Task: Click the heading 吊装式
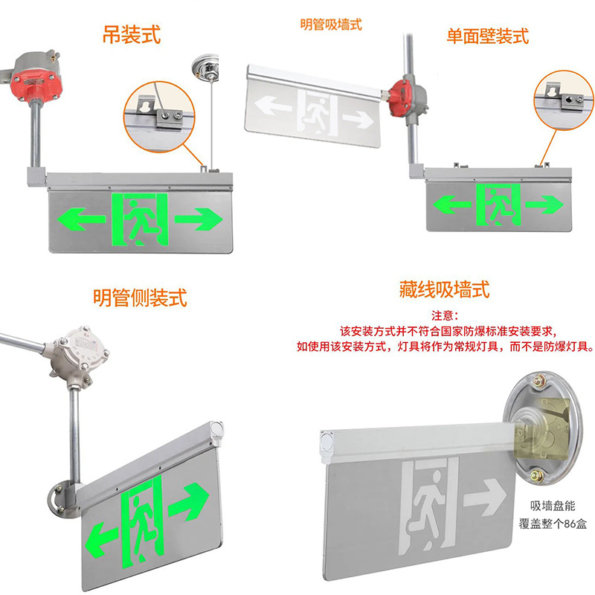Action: [x=131, y=34]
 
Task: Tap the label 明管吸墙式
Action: [x=331, y=24]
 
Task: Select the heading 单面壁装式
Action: [x=487, y=34]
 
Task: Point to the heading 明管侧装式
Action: [x=140, y=297]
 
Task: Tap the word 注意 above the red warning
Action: [x=444, y=315]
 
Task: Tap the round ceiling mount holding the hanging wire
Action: [x=206, y=66]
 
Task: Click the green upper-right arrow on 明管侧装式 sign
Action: [x=190, y=501]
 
